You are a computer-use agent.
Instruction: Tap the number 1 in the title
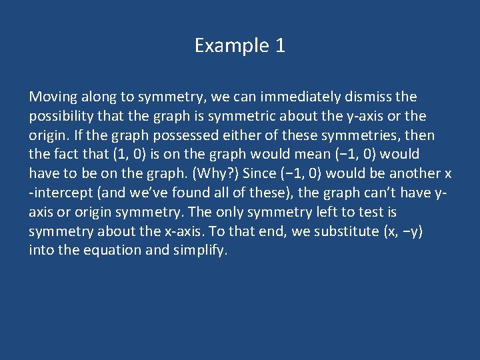point(280,46)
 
